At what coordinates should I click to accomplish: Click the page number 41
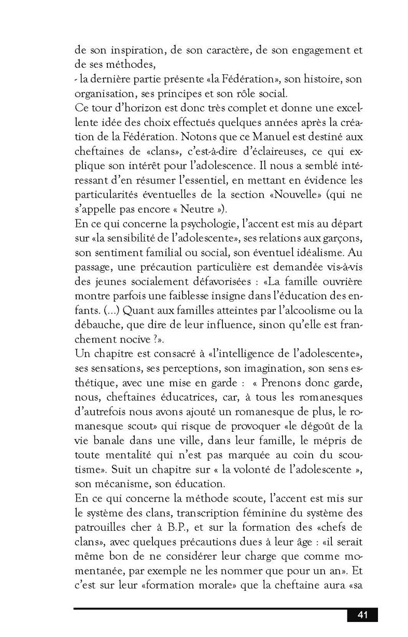362,615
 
